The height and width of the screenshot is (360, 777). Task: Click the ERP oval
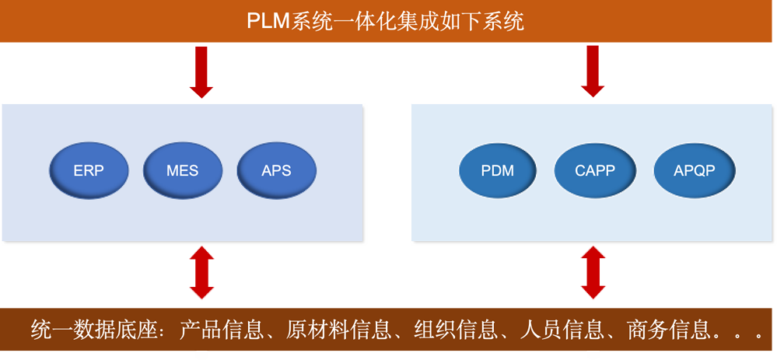coord(89,170)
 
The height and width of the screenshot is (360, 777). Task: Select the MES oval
coord(183,170)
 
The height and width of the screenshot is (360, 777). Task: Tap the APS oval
coord(276,170)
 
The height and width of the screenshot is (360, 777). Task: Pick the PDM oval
coord(498,170)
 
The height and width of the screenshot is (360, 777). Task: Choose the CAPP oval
coord(594,170)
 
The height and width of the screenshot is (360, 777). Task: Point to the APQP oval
coord(694,170)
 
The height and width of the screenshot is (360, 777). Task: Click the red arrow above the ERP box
coord(202,72)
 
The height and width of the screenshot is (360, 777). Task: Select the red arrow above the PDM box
coord(593,72)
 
